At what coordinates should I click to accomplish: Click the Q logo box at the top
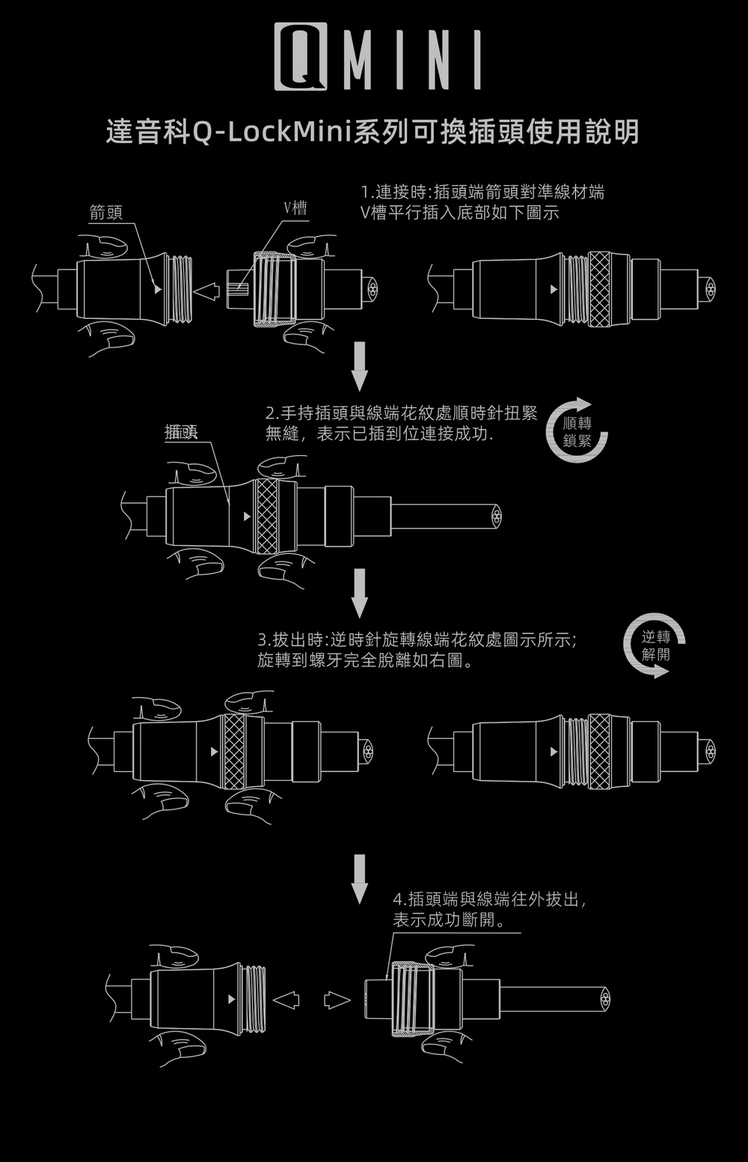tap(301, 57)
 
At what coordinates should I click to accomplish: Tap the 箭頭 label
tap(105, 212)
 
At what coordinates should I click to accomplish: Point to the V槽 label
tap(295, 209)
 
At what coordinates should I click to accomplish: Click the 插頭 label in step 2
tap(181, 431)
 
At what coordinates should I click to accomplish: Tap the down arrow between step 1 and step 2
tap(359, 366)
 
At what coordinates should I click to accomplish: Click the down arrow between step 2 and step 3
tap(359, 593)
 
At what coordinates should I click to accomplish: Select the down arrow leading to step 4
tap(359, 879)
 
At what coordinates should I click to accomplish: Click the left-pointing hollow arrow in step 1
tap(208, 290)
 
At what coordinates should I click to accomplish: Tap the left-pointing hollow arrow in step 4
tap(286, 1000)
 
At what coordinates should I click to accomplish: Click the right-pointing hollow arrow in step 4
tap(337, 1000)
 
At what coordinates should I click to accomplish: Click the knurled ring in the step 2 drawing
tap(267, 516)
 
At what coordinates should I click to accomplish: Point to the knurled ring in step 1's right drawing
tap(600, 289)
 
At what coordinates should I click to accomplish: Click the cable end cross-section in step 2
tap(497, 517)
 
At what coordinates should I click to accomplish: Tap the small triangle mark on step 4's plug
tap(231, 1000)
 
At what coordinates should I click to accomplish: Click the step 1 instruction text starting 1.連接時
tap(482, 202)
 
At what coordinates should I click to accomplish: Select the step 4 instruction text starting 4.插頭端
tap(489, 909)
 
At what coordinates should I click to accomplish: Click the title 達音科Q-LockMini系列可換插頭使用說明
tap(373, 132)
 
